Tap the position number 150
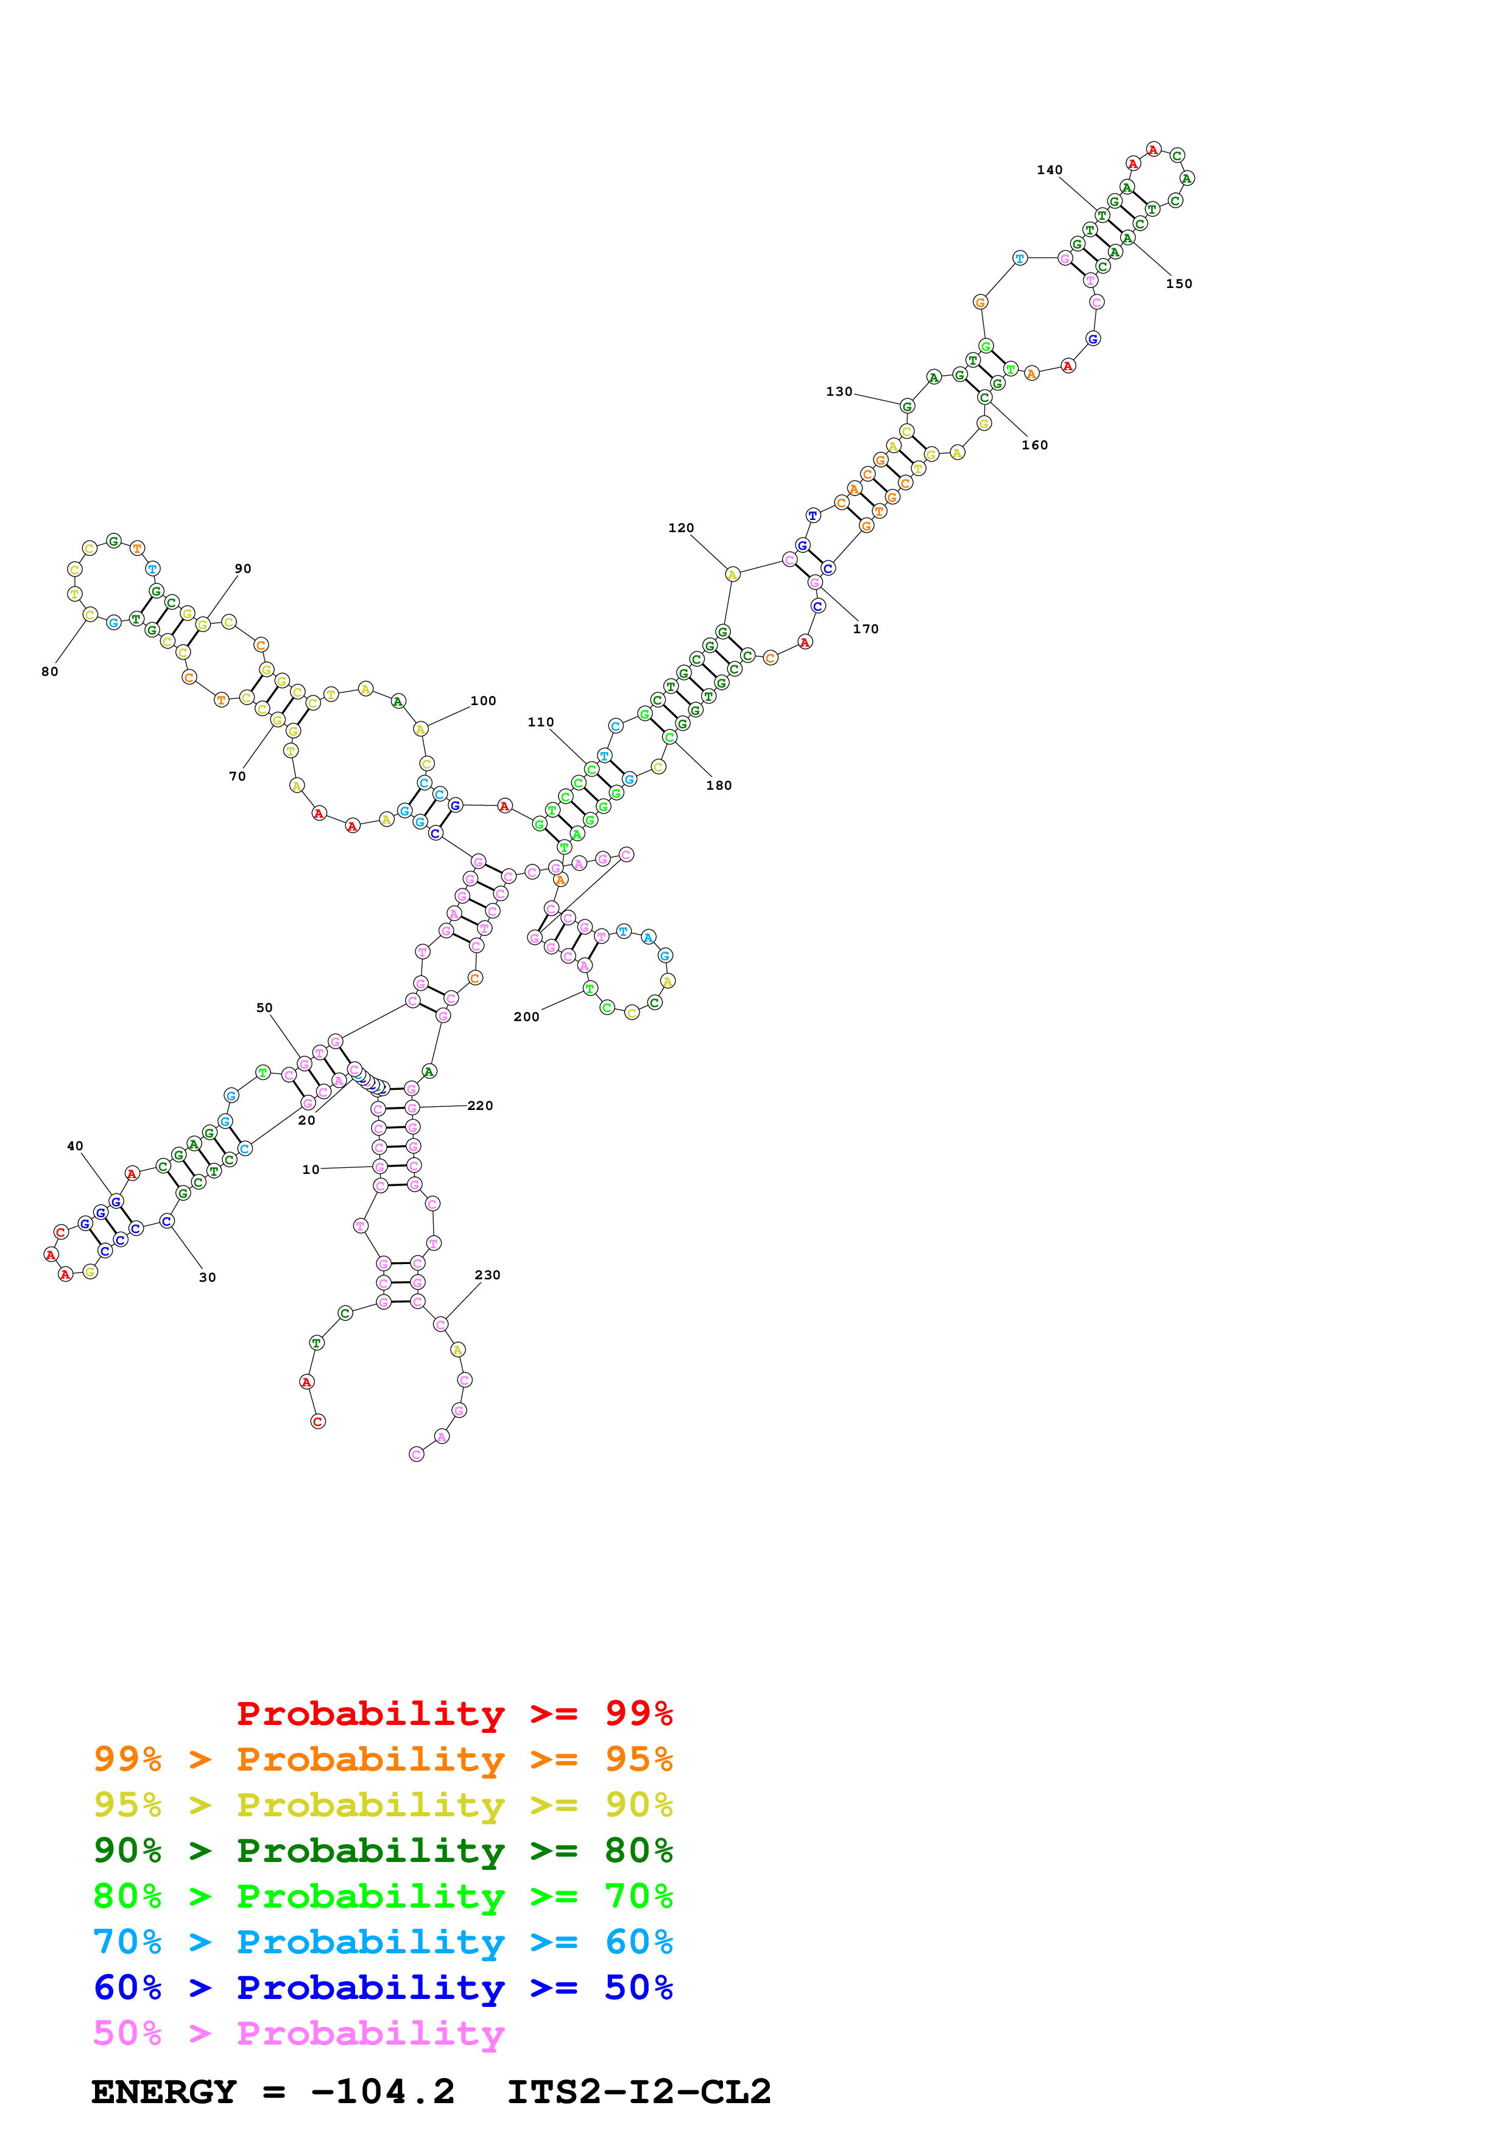[x=1178, y=284]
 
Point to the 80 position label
[x=49, y=672]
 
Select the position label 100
[x=483, y=700]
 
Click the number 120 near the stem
[x=680, y=527]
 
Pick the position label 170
[x=865, y=629]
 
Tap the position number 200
[x=526, y=1017]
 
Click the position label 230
[x=487, y=1274]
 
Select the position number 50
[x=264, y=1008]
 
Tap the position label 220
[x=479, y=1105]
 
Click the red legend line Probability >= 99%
[x=454, y=1713]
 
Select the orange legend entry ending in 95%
[x=383, y=1758]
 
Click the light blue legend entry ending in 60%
[x=383, y=1942]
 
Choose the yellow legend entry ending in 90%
[x=383, y=1804]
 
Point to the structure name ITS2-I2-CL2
[x=638, y=2092]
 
